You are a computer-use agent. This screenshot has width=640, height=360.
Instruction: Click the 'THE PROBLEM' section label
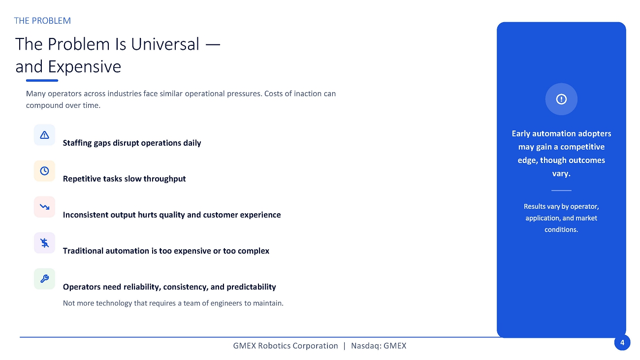(42, 21)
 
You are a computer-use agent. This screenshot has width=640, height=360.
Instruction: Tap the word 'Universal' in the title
(165, 44)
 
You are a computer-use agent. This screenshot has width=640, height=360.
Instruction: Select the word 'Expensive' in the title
(84, 67)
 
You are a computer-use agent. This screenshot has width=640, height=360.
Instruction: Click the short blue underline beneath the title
(42, 81)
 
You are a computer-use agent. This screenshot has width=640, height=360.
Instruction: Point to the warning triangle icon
(44, 135)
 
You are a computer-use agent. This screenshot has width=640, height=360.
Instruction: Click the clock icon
(44, 171)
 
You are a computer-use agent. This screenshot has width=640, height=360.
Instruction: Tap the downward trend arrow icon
(44, 206)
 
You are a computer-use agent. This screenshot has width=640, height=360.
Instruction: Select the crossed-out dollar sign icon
(44, 243)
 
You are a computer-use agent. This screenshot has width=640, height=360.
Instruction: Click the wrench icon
(44, 279)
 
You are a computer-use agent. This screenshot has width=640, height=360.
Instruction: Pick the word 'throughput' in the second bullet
(164, 179)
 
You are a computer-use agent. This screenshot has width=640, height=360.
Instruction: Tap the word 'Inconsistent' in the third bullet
(86, 215)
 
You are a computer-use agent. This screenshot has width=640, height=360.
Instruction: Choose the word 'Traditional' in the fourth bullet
(83, 251)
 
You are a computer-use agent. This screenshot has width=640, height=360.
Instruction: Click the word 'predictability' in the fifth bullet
(251, 287)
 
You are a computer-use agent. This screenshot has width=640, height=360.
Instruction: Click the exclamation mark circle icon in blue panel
(561, 99)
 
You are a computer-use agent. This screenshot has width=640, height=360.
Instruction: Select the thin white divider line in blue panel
(561, 190)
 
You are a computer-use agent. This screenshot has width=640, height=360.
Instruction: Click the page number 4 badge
(622, 342)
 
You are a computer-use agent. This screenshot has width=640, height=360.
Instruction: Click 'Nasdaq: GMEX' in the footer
(379, 346)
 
